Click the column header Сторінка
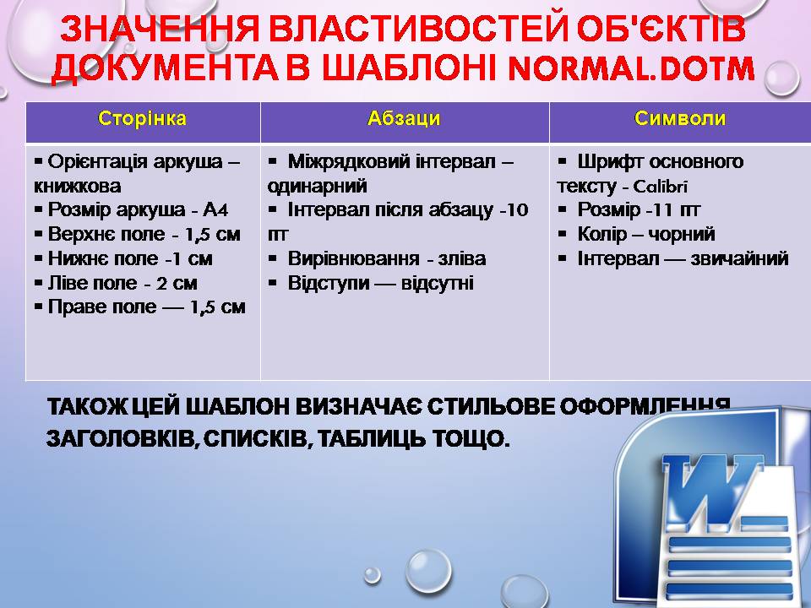(x=142, y=119)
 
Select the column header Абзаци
(x=404, y=119)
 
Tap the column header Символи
(x=680, y=119)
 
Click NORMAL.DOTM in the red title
(x=632, y=68)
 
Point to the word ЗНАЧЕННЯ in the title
(x=160, y=29)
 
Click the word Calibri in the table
(x=661, y=187)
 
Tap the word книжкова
(x=78, y=186)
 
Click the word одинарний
(x=318, y=186)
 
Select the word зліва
(x=462, y=258)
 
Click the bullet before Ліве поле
(x=38, y=282)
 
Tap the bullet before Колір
(x=563, y=234)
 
